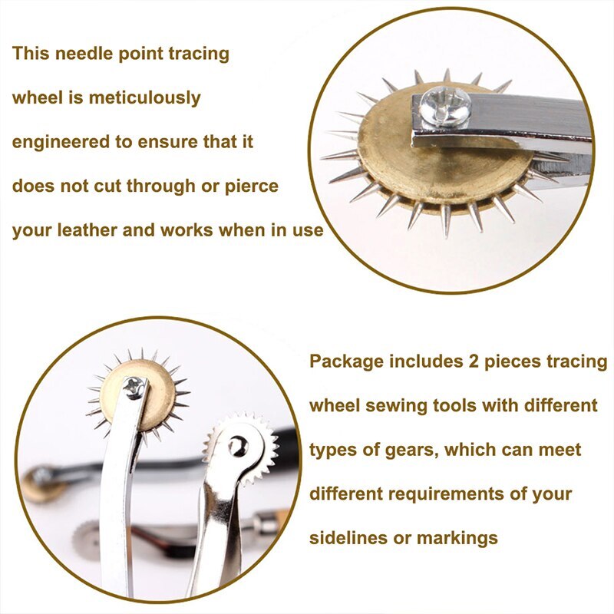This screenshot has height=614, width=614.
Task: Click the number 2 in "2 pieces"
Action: click(459, 361)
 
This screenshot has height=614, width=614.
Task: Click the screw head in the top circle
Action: click(445, 104)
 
